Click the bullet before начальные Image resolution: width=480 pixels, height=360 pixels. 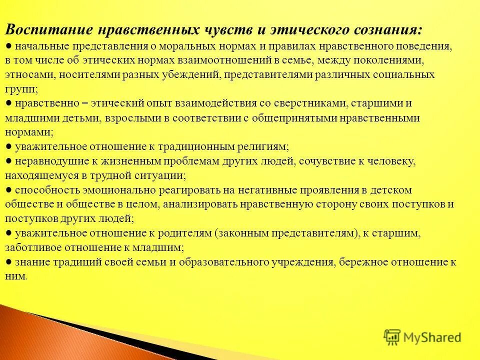(x=9, y=46)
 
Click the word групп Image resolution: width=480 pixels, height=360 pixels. (x=19, y=89)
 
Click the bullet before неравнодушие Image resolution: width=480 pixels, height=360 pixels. (x=9, y=161)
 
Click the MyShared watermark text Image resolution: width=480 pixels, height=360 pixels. (x=432, y=337)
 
